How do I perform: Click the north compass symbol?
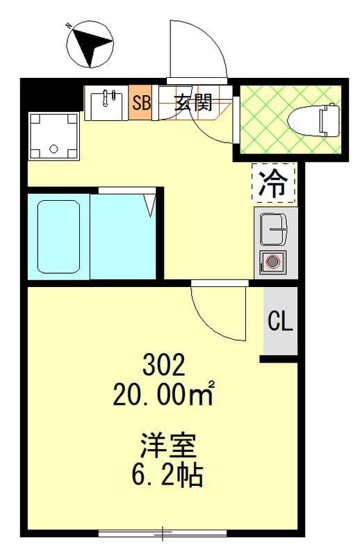(90, 44)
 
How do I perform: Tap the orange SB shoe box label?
(141, 102)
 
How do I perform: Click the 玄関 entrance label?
(193, 102)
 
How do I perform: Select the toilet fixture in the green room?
(315, 120)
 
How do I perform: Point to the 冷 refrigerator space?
(273, 183)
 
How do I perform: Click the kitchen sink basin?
(274, 229)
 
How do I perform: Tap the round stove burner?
(272, 263)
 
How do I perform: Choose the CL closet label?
(280, 320)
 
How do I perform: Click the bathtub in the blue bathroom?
(58, 237)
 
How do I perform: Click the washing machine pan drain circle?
(54, 149)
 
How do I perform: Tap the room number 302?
(163, 366)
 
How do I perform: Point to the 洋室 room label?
(168, 445)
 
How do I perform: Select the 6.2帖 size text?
(167, 475)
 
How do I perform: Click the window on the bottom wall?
(163, 532)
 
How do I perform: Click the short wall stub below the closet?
(279, 359)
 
